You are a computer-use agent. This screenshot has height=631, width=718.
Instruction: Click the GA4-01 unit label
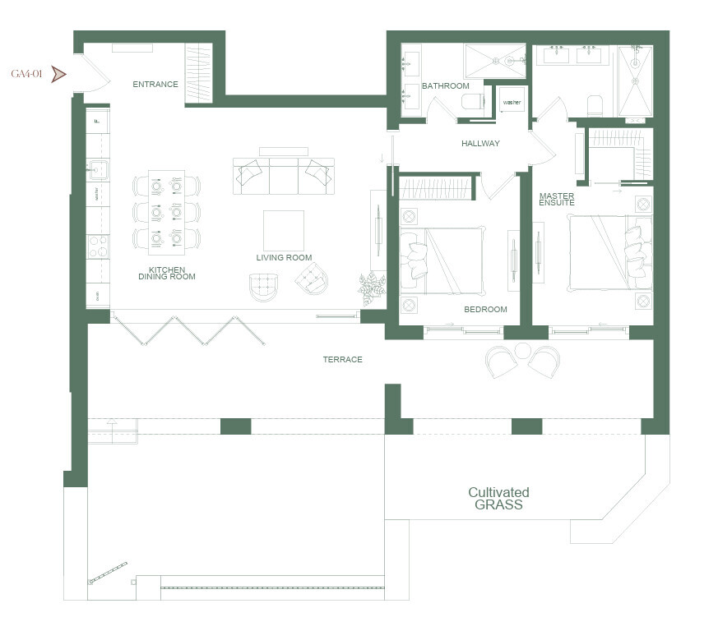tap(26, 74)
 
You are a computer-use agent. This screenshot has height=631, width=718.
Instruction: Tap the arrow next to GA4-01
tap(58, 74)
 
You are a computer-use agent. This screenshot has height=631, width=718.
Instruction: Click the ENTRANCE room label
tap(155, 84)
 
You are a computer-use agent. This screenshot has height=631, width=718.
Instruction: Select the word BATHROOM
tap(445, 86)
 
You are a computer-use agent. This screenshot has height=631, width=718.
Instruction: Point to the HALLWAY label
tap(480, 143)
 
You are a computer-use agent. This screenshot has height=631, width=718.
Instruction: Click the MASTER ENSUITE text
tap(557, 199)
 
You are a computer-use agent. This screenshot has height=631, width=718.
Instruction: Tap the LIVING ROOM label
tap(284, 258)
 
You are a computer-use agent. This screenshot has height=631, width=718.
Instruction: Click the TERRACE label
tap(342, 360)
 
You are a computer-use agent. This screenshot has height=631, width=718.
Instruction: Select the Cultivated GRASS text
tap(498, 499)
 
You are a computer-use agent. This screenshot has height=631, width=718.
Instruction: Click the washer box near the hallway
tap(512, 103)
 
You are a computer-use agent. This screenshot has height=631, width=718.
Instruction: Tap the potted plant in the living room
tap(372, 287)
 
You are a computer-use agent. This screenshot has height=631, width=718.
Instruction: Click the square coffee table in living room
tap(284, 230)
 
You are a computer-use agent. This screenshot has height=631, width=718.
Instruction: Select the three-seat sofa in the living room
tap(284, 176)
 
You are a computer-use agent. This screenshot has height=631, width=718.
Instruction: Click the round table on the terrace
tap(523, 351)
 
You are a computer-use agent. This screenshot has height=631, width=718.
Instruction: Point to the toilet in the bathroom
tap(472, 101)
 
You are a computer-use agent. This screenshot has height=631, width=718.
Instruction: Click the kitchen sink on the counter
tap(97, 171)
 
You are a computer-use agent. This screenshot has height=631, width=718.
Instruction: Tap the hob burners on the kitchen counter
tap(97, 246)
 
